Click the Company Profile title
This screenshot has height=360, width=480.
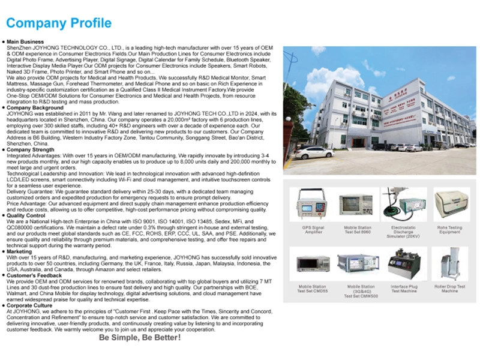click(x=59, y=23)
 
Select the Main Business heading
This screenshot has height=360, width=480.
click(x=25, y=41)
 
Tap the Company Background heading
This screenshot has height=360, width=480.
click(x=32, y=108)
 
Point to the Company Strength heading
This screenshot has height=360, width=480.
click(x=30, y=151)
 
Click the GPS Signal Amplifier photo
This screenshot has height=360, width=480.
click(x=312, y=205)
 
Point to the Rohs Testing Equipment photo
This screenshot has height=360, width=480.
click(x=450, y=205)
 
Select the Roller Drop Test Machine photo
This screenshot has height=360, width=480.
click(x=450, y=265)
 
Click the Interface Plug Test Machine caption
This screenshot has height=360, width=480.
click(x=403, y=290)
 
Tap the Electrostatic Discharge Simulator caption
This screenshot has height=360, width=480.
click(x=403, y=232)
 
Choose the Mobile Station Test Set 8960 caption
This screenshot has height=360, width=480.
click(x=358, y=230)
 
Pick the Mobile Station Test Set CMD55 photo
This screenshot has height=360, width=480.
click(x=312, y=265)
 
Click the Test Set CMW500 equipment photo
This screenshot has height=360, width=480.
click(x=358, y=265)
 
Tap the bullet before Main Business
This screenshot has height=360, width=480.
click(x=4, y=41)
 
